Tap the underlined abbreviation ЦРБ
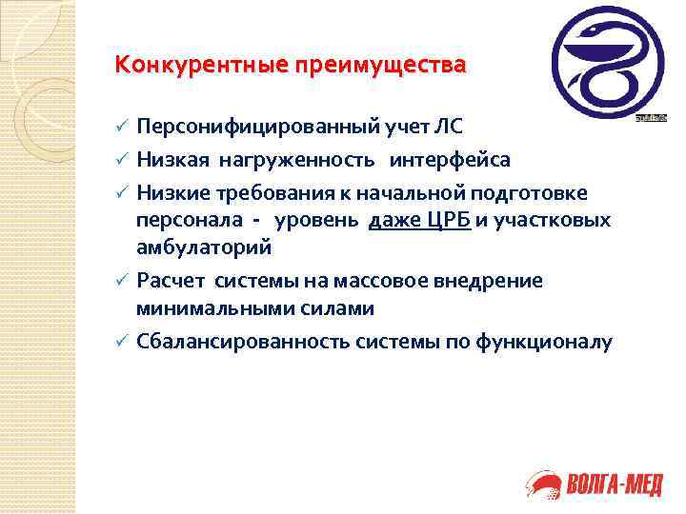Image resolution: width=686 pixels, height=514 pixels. point(446,220)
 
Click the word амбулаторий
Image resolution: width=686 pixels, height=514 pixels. point(203,247)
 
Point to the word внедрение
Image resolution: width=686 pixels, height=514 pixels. point(493,280)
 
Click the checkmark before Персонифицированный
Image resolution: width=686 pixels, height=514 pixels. point(120,128)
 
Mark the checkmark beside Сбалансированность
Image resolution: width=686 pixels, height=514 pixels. point(120,343)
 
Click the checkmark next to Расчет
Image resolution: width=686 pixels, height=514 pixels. point(120,281)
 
